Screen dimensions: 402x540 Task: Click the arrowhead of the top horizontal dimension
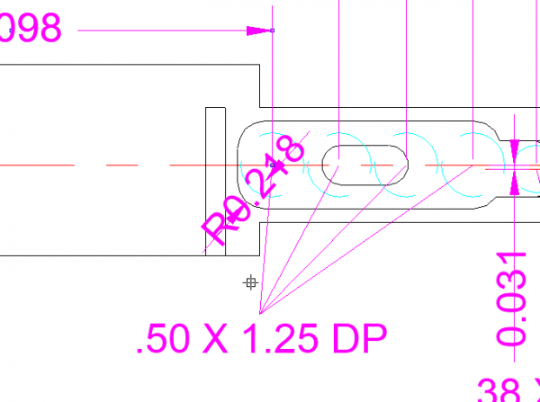point(260,31)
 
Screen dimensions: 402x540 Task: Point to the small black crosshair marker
point(251,283)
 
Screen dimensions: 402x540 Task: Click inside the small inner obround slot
point(365,164)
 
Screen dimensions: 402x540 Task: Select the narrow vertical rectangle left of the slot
point(215,180)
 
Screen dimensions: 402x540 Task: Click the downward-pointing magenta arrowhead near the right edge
point(514,149)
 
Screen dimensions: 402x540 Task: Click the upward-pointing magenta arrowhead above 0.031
point(514,183)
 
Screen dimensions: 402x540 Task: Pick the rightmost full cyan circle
point(473,164)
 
